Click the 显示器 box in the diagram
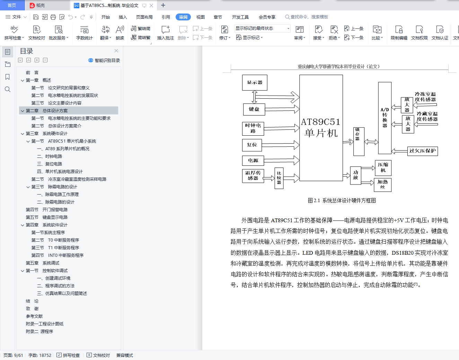tap(255, 83)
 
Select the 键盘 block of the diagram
tap(254, 109)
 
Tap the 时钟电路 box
tap(253, 128)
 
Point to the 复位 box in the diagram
tap(252, 145)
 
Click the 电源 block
tap(253, 161)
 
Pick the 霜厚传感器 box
tap(253, 175)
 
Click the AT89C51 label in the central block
tap(320, 122)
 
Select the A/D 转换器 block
tap(385, 118)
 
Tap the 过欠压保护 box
tap(422, 151)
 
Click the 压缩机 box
tap(383, 168)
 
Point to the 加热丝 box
tap(383, 184)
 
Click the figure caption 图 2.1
tap(342, 201)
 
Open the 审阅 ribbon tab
tap(183, 17)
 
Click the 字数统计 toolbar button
tap(84, 33)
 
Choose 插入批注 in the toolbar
tap(165, 33)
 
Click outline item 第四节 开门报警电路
tap(46, 210)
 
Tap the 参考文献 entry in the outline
tap(34, 316)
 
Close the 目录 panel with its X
tap(116, 51)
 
